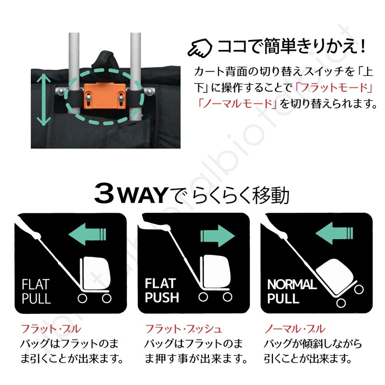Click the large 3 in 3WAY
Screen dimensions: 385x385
[107, 194]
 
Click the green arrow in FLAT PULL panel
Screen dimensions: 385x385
[87, 235]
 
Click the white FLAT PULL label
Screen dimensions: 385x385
[36, 291]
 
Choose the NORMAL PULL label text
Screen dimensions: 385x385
[292, 291]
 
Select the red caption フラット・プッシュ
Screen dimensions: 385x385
[183, 330]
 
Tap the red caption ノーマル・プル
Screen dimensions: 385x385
[295, 330]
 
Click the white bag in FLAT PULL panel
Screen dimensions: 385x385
[96, 272]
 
